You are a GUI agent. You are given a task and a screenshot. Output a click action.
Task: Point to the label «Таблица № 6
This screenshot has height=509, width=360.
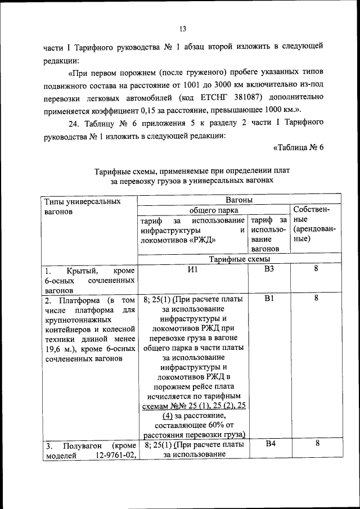click(x=298, y=148)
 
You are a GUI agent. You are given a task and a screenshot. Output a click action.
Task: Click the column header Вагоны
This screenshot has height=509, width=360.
click(x=238, y=200)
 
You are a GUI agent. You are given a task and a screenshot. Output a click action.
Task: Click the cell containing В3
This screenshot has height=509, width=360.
click(x=269, y=269)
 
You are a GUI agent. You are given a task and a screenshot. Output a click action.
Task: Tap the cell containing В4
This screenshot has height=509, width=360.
click(x=269, y=444)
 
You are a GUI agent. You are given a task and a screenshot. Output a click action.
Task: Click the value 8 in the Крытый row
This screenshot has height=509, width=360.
click(x=316, y=269)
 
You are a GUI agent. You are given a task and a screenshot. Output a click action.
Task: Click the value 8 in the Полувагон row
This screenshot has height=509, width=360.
click(x=316, y=444)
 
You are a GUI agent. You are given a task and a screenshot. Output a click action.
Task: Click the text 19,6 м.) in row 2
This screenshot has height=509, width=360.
click(x=59, y=348)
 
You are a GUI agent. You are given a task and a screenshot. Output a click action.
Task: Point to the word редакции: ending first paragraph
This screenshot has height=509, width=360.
click(x=62, y=59)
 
